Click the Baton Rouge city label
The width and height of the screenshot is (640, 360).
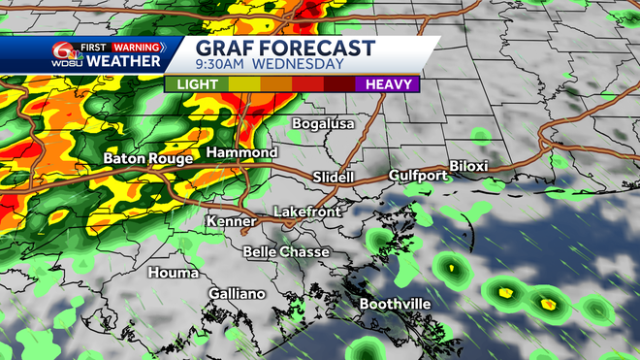click(146, 158)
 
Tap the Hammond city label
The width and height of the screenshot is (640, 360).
click(241, 153)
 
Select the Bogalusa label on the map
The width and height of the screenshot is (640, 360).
click(324, 124)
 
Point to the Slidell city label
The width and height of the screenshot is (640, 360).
click(336, 177)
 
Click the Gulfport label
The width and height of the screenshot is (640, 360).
click(417, 176)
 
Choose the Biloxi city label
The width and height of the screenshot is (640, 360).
click(473, 166)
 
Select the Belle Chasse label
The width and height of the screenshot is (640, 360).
click(285, 251)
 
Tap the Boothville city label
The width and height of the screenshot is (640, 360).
click(395, 304)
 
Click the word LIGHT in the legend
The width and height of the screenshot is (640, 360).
click(197, 84)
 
